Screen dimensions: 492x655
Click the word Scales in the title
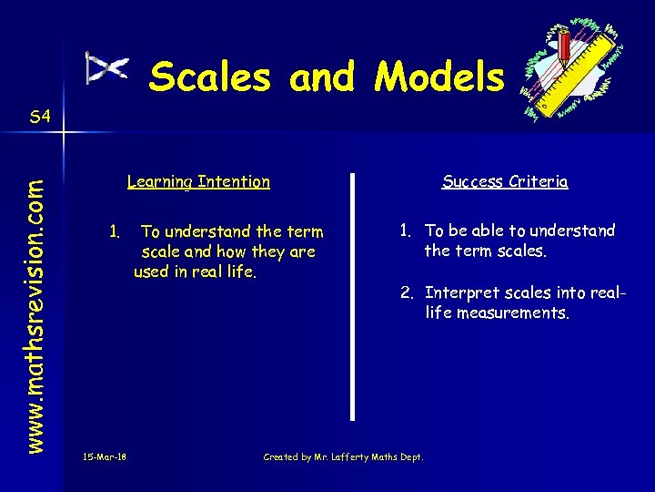point(210,77)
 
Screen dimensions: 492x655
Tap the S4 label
point(40,117)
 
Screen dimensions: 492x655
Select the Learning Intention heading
point(198,181)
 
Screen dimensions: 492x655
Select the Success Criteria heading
point(505,181)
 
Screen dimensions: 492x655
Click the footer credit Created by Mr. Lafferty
point(343,456)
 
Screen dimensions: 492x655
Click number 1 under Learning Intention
point(114,231)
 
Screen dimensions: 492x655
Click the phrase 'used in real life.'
point(196,271)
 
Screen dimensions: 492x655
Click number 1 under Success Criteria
point(404,231)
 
